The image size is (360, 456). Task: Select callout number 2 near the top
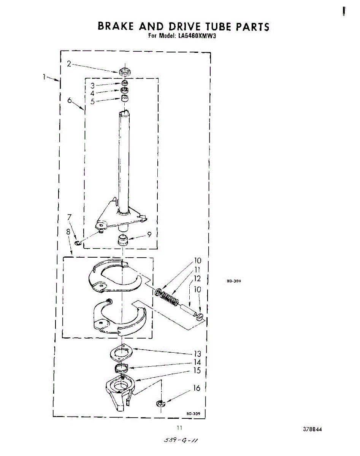coord(69,64)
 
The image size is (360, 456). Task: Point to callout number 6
coord(69,100)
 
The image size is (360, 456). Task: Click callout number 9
coord(150,234)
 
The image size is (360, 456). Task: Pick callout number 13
coord(197,354)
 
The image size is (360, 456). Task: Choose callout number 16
coord(197,388)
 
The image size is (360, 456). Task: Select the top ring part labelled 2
coord(124,71)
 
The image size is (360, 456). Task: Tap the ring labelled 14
coord(122,367)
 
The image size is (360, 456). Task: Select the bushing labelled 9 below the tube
coord(123,240)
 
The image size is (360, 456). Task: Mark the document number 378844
coord(312,429)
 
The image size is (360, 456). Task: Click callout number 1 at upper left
coord(44,76)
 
